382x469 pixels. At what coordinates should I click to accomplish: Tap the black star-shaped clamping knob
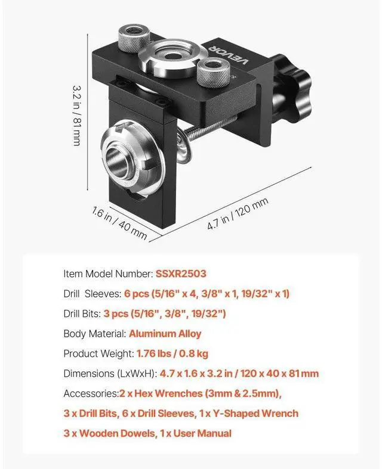292,90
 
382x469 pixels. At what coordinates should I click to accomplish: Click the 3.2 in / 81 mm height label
76,116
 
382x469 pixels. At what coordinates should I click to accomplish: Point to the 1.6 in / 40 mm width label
119,223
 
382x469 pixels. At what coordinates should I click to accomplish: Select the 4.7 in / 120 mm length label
238,213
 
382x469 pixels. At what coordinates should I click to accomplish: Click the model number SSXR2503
181,274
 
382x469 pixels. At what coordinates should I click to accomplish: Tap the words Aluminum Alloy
165,334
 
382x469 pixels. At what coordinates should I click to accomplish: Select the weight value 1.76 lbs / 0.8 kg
172,353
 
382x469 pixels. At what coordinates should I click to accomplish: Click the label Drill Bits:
82,313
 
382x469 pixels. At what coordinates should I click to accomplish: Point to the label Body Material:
95,334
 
